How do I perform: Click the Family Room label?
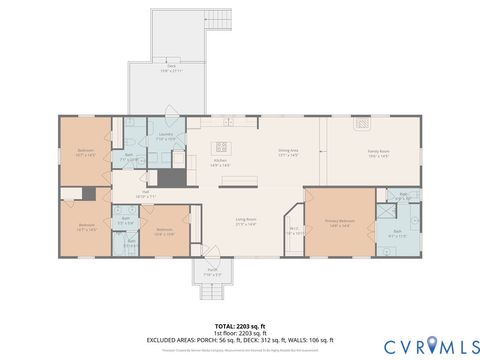pos(378,153)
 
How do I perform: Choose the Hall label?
pos(145,195)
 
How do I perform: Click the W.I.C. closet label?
pos(295,231)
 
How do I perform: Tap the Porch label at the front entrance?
pos(212,271)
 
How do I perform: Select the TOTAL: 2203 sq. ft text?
pos(239,326)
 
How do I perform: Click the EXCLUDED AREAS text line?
pos(239,340)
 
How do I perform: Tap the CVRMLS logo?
pos(424,344)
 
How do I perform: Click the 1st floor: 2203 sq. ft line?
pos(239,333)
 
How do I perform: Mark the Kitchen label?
pos(221,161)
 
